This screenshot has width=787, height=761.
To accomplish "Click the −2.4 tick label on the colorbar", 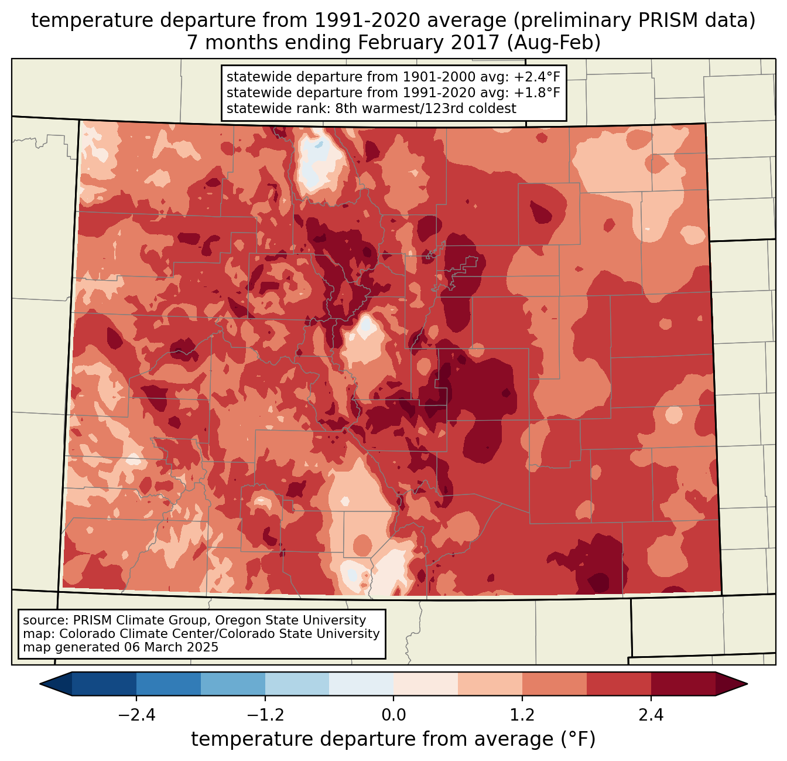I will coord(136,715).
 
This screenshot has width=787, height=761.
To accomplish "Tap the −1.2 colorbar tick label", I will coord(265,715).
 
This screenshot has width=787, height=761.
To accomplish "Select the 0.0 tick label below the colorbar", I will coord(393,715).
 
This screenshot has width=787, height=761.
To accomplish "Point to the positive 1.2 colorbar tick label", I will coord(522,715).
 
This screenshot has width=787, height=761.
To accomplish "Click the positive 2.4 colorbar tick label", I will coord(651,715).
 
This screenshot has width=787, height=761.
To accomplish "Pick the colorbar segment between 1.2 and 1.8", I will coord(554,684).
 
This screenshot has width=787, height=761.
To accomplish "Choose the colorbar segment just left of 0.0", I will coord(361,684).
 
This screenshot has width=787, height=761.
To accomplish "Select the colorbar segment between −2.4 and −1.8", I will coord(169,684).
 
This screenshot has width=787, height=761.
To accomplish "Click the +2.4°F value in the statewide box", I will coord(537,77).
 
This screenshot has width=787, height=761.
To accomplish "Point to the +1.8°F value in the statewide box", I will coord(537,93).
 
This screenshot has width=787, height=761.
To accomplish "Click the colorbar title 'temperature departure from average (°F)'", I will coord(393,739).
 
